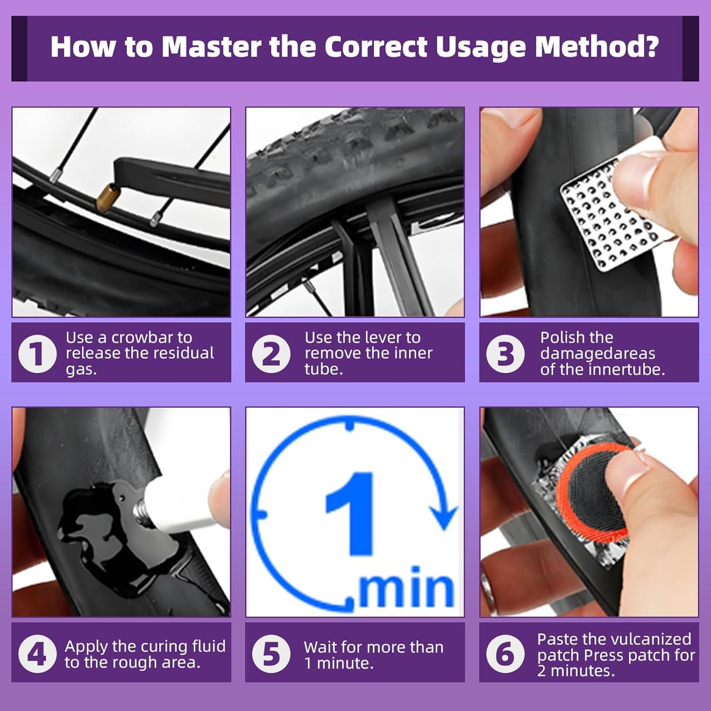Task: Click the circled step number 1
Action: (x=37, y=353)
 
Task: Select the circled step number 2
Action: (x=271, y=353)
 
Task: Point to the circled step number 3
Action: (x=505, y=353)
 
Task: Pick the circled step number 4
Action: (x=37, y=654)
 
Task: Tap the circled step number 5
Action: (x=271, y=654)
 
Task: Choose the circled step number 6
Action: (x=505, y=654)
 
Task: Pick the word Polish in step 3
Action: (x=563, y=337)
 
